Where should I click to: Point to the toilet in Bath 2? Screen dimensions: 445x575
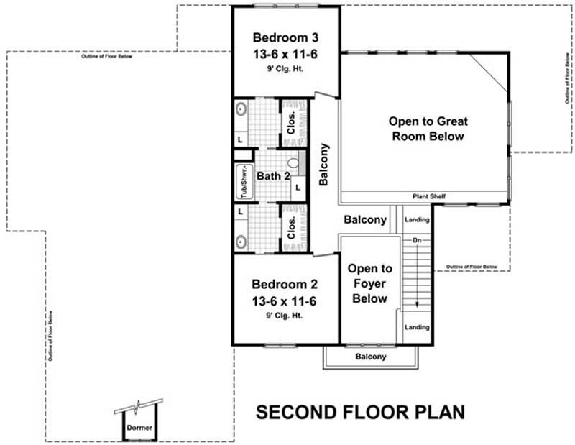coord(293,163)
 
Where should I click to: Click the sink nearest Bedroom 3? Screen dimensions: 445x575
coord(241,111)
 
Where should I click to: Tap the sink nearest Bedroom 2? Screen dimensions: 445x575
coord(241,241)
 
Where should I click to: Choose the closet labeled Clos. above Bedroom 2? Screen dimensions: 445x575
coord(293,228)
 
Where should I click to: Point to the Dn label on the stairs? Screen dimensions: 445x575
coord(416,239)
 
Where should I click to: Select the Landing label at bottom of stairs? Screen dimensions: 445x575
coord(417,327)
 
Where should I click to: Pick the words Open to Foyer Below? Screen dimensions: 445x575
coord(369,283)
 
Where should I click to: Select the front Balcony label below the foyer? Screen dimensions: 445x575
coord(371,357)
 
